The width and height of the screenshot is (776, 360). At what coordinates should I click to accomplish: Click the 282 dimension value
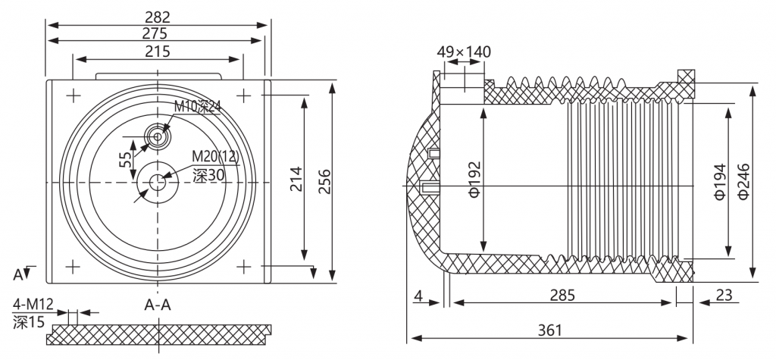[158, 17]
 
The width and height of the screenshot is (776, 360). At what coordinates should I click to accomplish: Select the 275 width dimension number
[155, 33]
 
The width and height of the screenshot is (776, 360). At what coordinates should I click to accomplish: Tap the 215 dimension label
[158, 51]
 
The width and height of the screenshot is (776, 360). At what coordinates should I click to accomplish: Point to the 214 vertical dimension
[296, 179]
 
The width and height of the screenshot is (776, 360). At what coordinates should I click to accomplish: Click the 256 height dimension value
[324, 182]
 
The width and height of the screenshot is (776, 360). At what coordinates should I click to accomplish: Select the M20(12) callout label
[215, 157]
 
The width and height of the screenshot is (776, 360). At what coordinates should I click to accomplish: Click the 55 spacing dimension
[126, 159]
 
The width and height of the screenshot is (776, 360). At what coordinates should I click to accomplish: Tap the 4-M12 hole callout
[33, 302]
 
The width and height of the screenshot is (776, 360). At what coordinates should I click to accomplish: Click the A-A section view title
[158, 305]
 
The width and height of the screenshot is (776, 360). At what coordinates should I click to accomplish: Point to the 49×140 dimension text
[464, 52]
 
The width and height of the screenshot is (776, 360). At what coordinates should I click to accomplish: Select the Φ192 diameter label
[474, 179]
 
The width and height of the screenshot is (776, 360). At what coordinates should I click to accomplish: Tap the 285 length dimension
[563, 295]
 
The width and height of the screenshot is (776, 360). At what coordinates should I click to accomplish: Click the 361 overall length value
[550, 330]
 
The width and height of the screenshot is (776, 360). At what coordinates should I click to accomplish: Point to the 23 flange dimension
[724, 295]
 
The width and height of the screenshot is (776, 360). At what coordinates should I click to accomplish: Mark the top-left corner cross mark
[74, 95]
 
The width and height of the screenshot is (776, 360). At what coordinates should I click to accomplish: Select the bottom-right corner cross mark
[243, 267]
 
